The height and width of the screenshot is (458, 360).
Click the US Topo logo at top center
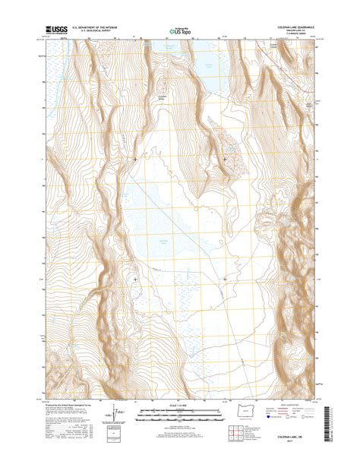coord(179,33)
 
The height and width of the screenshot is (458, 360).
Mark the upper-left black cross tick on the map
coord(135,159)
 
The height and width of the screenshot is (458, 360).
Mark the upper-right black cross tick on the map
coord(225,159)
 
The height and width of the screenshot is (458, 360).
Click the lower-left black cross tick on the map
coord(135,279)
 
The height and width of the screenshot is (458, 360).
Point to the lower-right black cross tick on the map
coord(225,279)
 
